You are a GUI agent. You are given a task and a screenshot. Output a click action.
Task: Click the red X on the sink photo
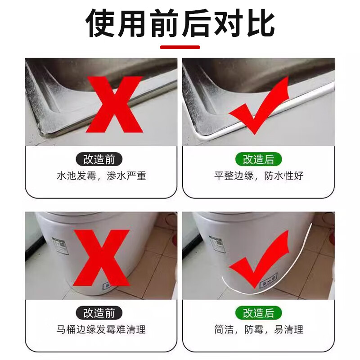click(x=114, y=103)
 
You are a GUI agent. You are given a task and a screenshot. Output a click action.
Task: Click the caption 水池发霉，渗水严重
click(x=101, y=175)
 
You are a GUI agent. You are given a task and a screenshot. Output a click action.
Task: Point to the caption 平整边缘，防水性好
click(x=259, y=175)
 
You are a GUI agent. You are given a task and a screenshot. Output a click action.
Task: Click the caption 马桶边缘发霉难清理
click(x=101, y=329)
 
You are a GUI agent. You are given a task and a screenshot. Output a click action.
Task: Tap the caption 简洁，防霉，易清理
click(x=259, y=329)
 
